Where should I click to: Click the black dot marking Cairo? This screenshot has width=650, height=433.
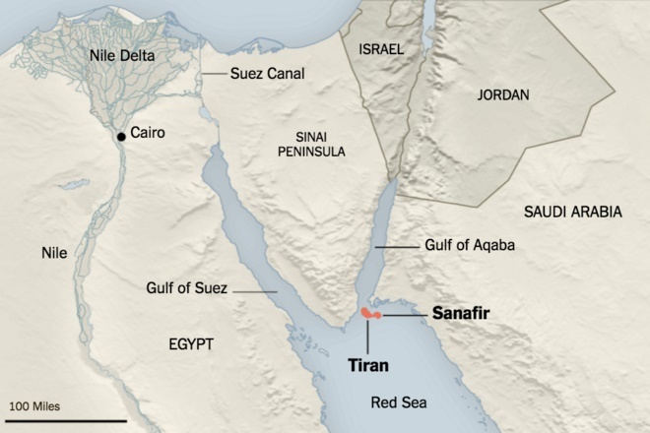point(120,137)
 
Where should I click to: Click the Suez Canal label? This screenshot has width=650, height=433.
point(268,74)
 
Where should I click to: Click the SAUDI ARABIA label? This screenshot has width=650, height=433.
point(573,211)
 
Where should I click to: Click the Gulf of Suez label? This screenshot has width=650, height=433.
point(185,288)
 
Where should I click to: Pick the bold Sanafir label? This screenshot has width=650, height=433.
point(462,313)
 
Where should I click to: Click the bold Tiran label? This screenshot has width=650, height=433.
point(367,365)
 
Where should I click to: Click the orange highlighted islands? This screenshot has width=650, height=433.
point(370,313)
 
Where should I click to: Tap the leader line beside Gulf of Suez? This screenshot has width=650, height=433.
point(254,291)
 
